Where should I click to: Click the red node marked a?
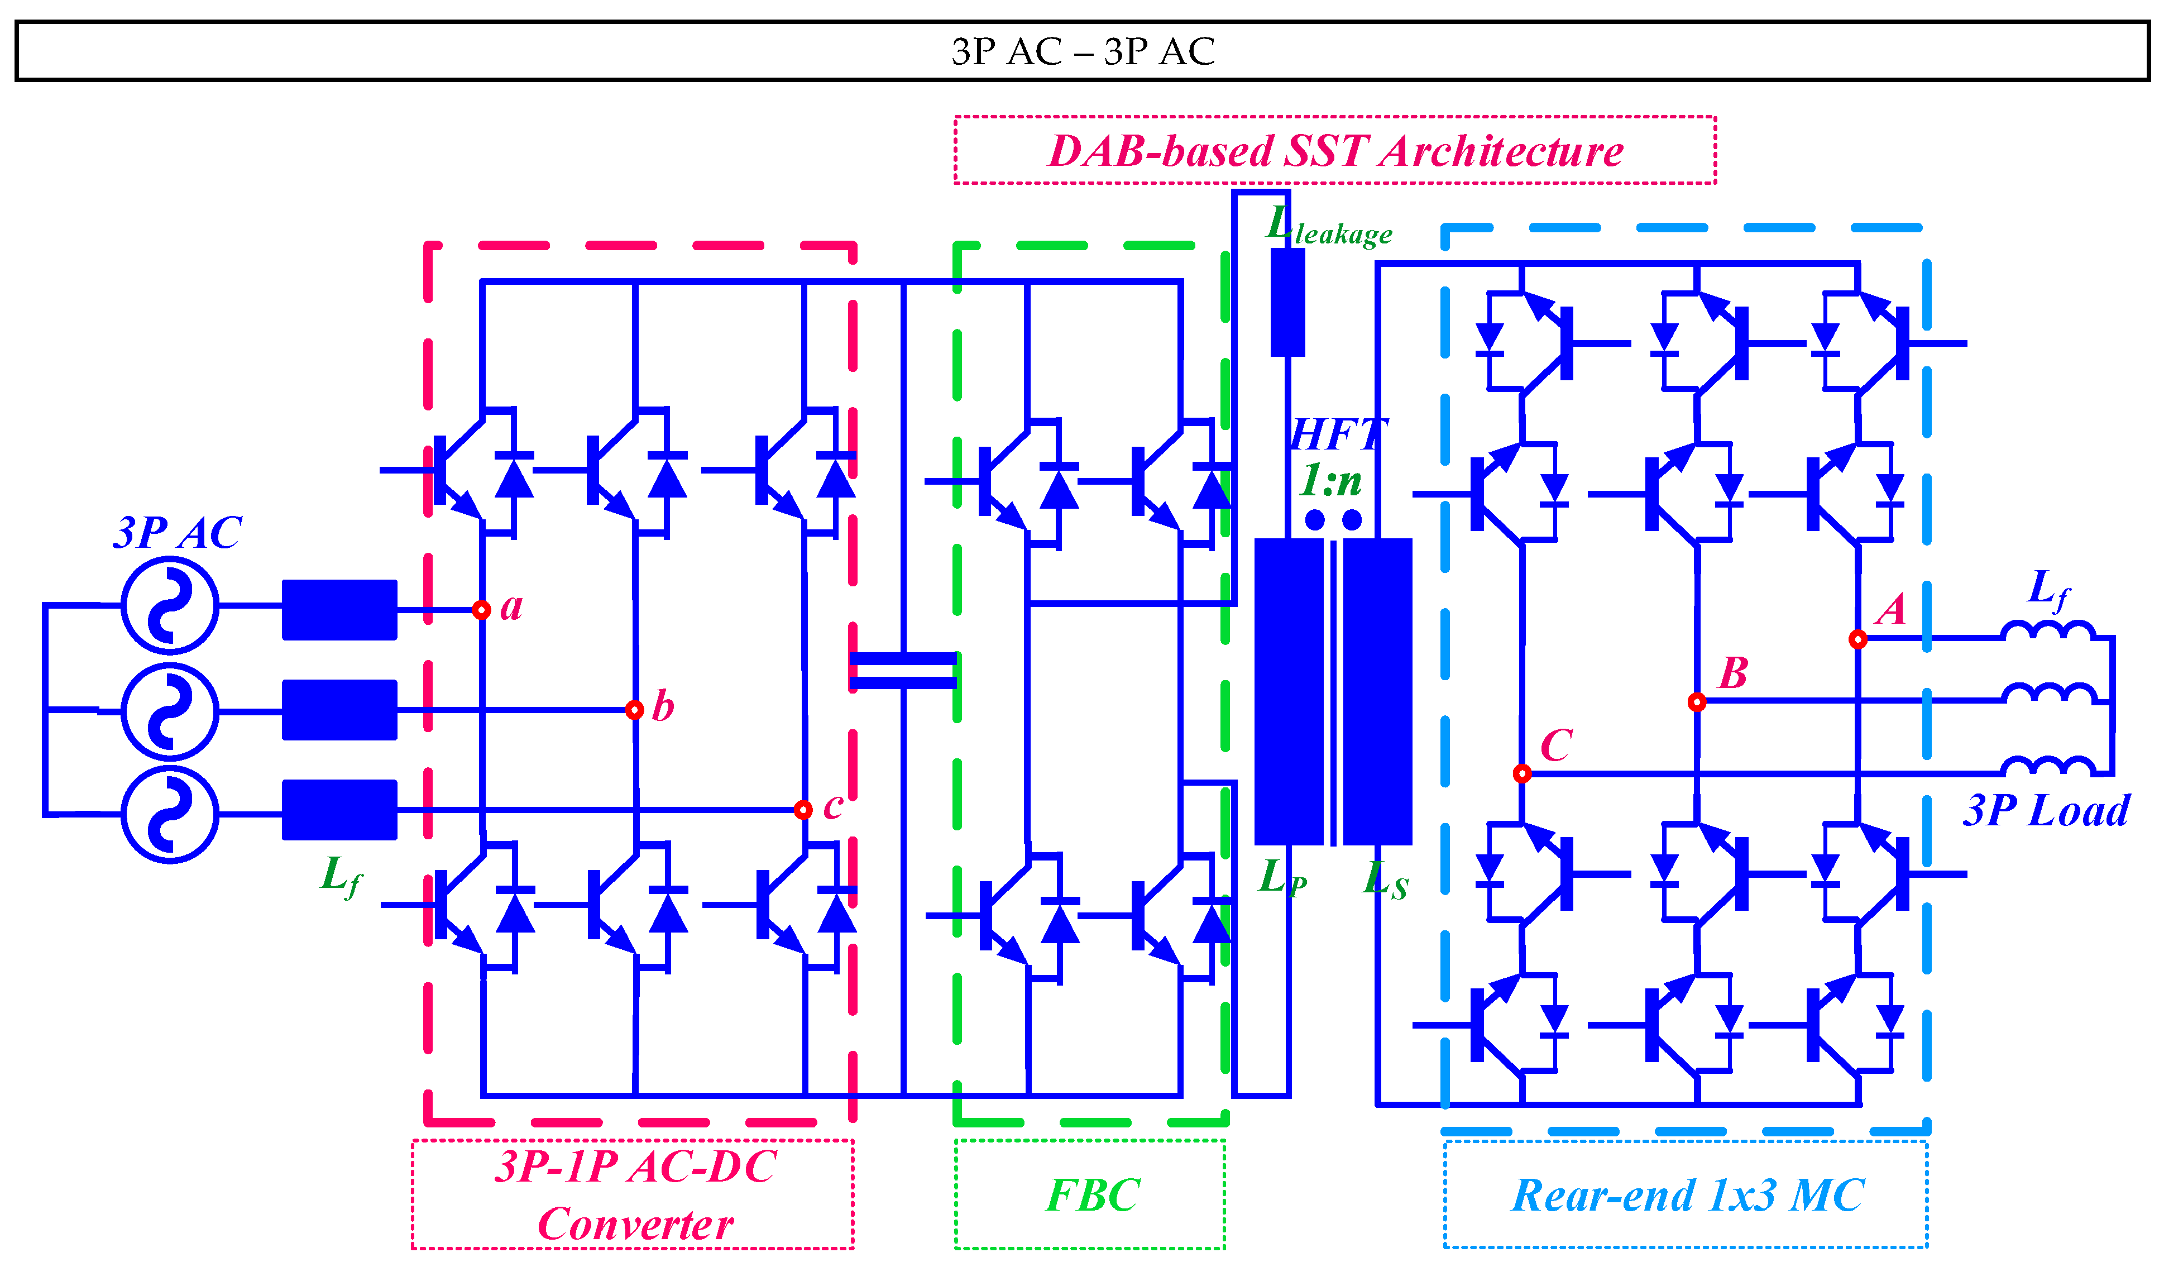482,610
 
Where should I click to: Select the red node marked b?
635,710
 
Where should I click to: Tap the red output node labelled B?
1697,702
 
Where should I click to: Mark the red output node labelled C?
1522,774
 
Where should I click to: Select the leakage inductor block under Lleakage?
1287,303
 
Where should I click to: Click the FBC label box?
1090,1194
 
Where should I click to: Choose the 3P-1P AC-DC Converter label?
634,1194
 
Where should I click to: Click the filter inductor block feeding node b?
339,710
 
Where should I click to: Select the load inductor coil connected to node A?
2048,632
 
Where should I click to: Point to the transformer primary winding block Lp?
1288,691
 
